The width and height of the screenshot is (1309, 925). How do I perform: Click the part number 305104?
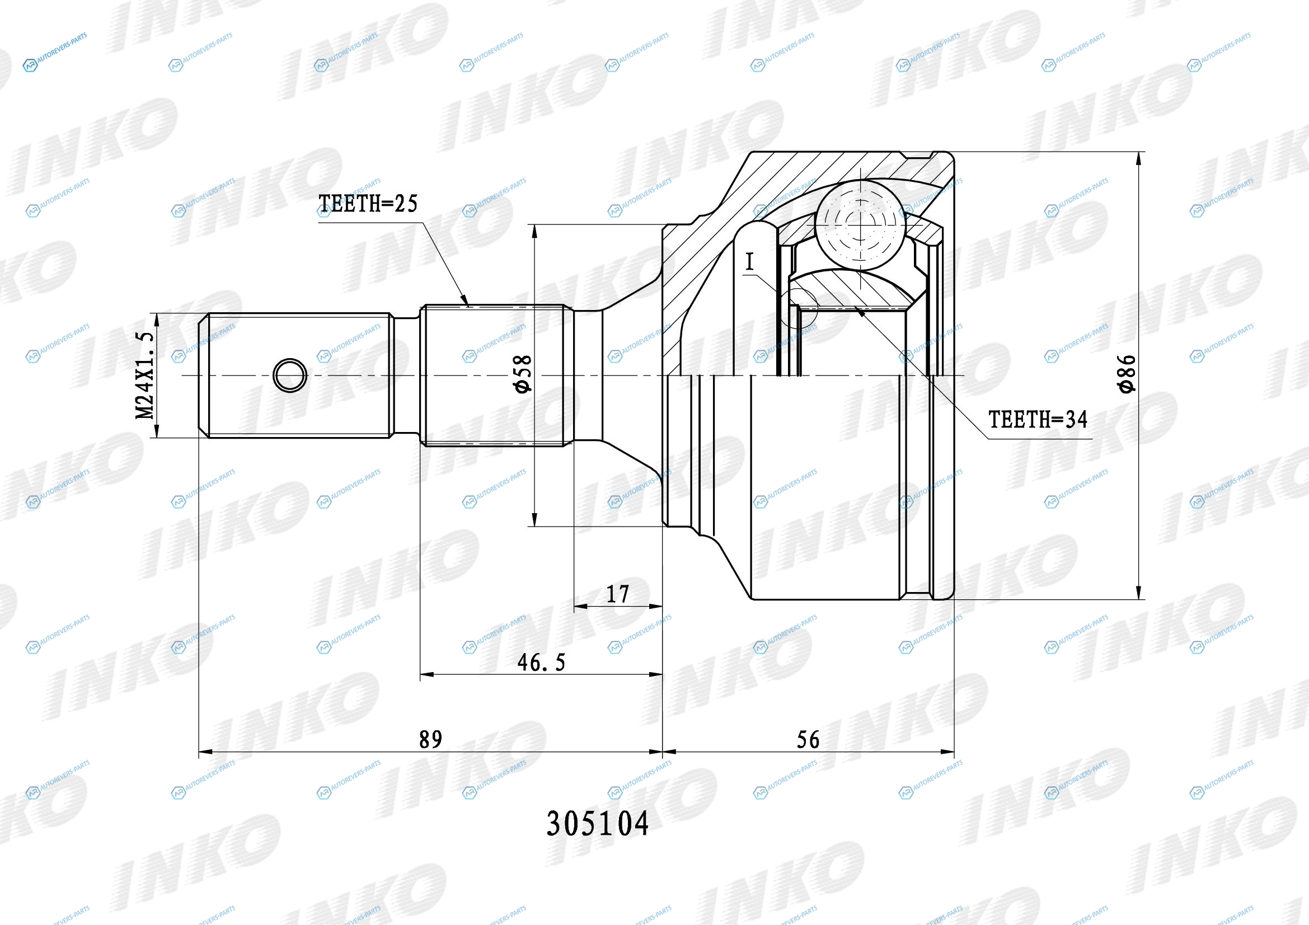tap(598, 824)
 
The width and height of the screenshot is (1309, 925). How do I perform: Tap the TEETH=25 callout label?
tap(368, 204)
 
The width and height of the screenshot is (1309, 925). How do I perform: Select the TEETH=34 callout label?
tap(1038, 420)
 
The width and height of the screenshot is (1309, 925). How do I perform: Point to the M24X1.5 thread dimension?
tap(144, 375)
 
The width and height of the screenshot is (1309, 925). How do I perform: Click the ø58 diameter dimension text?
tap(522, 374)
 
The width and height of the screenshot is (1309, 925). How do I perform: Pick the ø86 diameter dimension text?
tap(1127, 374)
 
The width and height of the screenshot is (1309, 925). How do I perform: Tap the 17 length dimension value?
tap(617, 594)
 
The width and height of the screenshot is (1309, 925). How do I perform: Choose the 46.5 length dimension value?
tap(541, 662)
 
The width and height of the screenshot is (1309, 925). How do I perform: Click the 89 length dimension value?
tap(430, 739)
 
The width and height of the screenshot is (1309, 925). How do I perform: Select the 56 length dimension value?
tap(808, 739)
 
